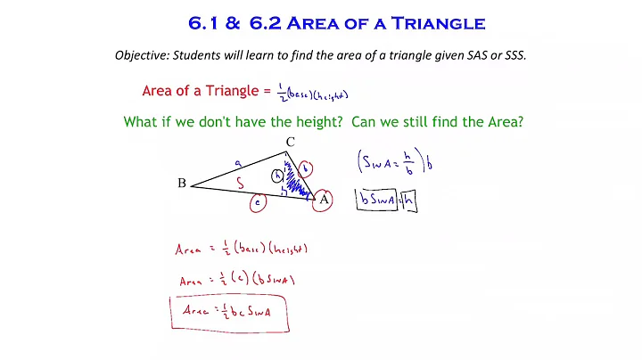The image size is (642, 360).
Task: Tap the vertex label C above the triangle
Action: tap(290, 143)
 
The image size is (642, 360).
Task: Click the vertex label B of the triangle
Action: tap(181, 184)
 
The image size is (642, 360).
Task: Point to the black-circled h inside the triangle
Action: tap(277, 175)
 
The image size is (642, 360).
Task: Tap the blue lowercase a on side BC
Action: tap(237, 163)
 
